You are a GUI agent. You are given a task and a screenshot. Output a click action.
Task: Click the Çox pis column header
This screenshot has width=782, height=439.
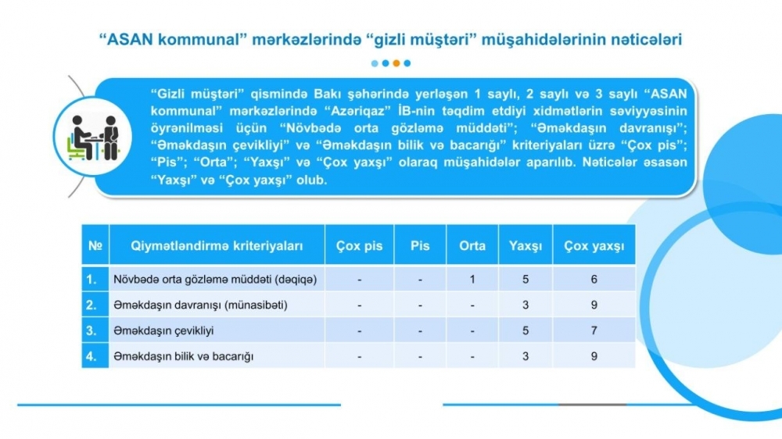(359, 246)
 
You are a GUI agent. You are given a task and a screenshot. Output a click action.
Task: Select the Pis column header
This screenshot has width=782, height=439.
(420, 246)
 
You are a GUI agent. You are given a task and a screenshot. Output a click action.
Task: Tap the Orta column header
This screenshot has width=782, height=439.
(472, 246)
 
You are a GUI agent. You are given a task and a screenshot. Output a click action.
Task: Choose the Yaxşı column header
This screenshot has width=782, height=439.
(526, 246)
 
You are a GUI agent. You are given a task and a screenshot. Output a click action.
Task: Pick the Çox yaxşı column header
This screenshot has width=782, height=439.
(594, 246)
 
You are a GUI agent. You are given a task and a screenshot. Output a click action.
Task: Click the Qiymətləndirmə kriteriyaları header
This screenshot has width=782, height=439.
(217, 246)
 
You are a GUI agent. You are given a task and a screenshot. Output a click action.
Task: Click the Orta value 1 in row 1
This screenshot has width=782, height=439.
(472, 280)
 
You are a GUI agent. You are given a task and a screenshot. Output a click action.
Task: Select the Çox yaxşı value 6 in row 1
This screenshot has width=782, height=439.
(594, 280)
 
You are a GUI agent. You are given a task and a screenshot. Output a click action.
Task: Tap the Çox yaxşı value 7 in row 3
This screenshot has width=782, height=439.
(594, 331)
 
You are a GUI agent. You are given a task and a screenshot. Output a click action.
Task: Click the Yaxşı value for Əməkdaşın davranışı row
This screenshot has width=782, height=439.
(526, 305)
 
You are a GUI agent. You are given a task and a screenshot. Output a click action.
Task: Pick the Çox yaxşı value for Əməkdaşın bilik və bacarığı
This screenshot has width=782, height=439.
(594, 356)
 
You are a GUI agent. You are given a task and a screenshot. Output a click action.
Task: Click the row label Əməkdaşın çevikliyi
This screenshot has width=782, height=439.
(163, 331)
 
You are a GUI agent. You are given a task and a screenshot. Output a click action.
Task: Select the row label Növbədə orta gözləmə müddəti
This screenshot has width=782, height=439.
(193, 280)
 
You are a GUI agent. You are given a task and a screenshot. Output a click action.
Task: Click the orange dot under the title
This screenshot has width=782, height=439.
(396, 63)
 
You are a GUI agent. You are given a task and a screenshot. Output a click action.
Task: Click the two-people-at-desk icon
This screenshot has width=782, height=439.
(93, 137)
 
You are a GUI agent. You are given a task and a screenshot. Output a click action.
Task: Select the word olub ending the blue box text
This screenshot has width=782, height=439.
(312, 180)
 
